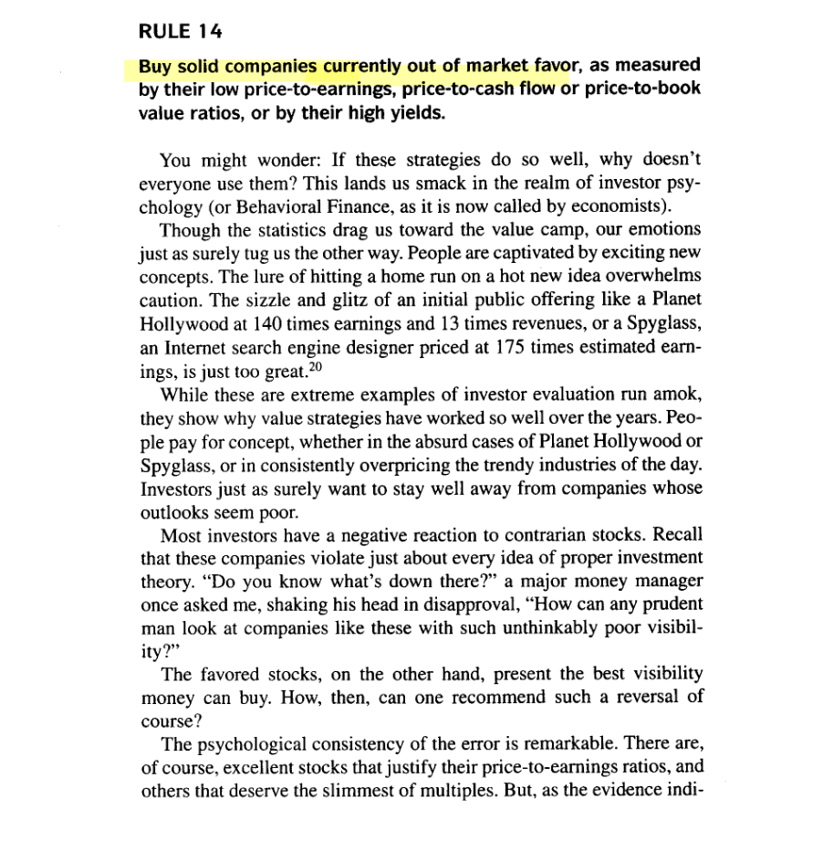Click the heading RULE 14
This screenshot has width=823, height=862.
pos(180,32)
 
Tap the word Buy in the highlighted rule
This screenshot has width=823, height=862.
pos(157,67)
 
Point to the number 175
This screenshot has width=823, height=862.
pos(513,347)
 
